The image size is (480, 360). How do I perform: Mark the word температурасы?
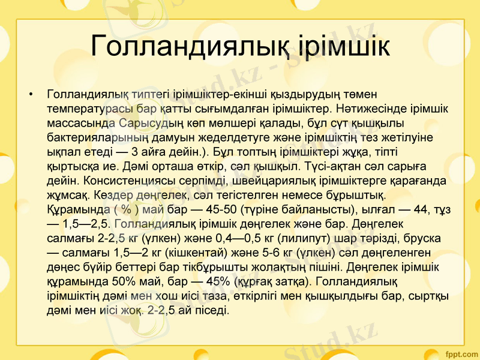click(90, 109)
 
